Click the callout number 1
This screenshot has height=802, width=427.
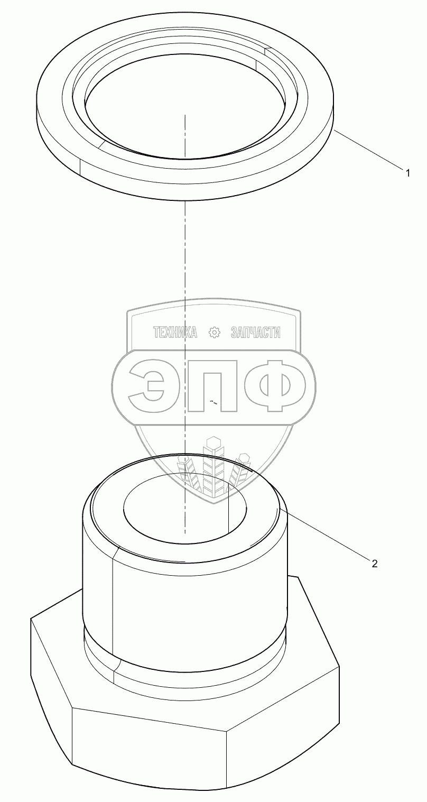407,173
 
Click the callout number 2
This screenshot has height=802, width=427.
374,564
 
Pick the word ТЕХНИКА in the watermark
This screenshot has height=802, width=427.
175,333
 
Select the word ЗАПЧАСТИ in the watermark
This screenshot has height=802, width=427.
256,333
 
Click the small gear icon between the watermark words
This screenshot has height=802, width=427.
214,333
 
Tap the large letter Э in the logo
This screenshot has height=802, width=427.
148,385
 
